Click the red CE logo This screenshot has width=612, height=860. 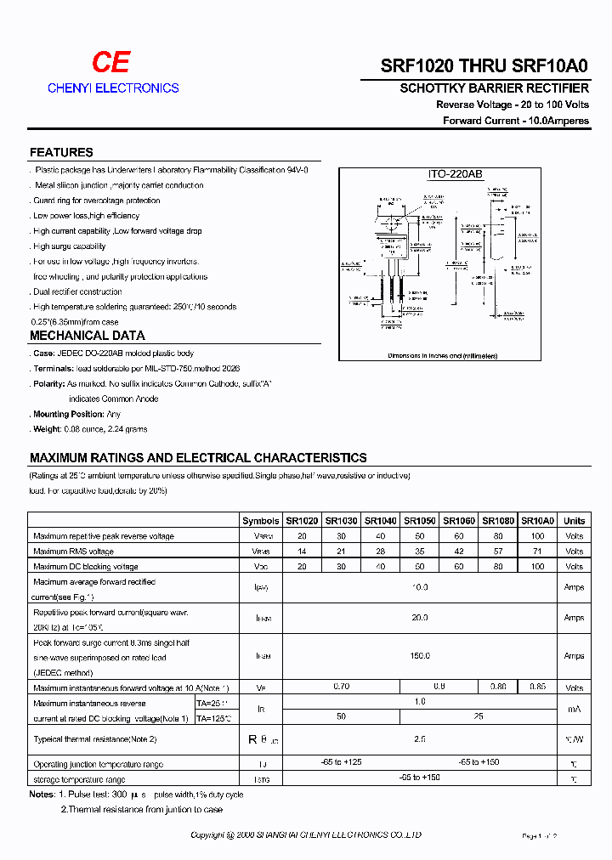(x=111, y=62)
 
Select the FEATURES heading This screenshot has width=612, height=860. (x=61, y=153)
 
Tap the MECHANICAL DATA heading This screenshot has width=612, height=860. (x=87, y=336)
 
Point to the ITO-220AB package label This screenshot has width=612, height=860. (x=455, y=174)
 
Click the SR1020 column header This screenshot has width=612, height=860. (x=302, y=521)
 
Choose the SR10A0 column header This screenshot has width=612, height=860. (x=537, y=521)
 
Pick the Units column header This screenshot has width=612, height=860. (x=575, y=521)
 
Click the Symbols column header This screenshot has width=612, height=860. (x=260, y=521)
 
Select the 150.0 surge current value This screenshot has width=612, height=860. (x=420, y=656)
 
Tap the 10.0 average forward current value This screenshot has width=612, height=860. (x=420, y=587)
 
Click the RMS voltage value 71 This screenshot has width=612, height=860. (x=537, y=552)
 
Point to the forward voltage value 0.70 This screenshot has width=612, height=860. (x=341, y=687)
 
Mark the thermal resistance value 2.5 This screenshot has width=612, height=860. (x=420, y=739)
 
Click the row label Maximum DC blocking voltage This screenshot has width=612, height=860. (x=85, y=567)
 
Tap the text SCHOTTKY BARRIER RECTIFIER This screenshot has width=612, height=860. (x=494, y=88)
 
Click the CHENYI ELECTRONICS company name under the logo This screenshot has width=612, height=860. (x=113, y=88)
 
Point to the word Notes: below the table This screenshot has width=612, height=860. (x=42, y=795)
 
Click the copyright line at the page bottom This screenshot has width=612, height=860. (x=305, y=836)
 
